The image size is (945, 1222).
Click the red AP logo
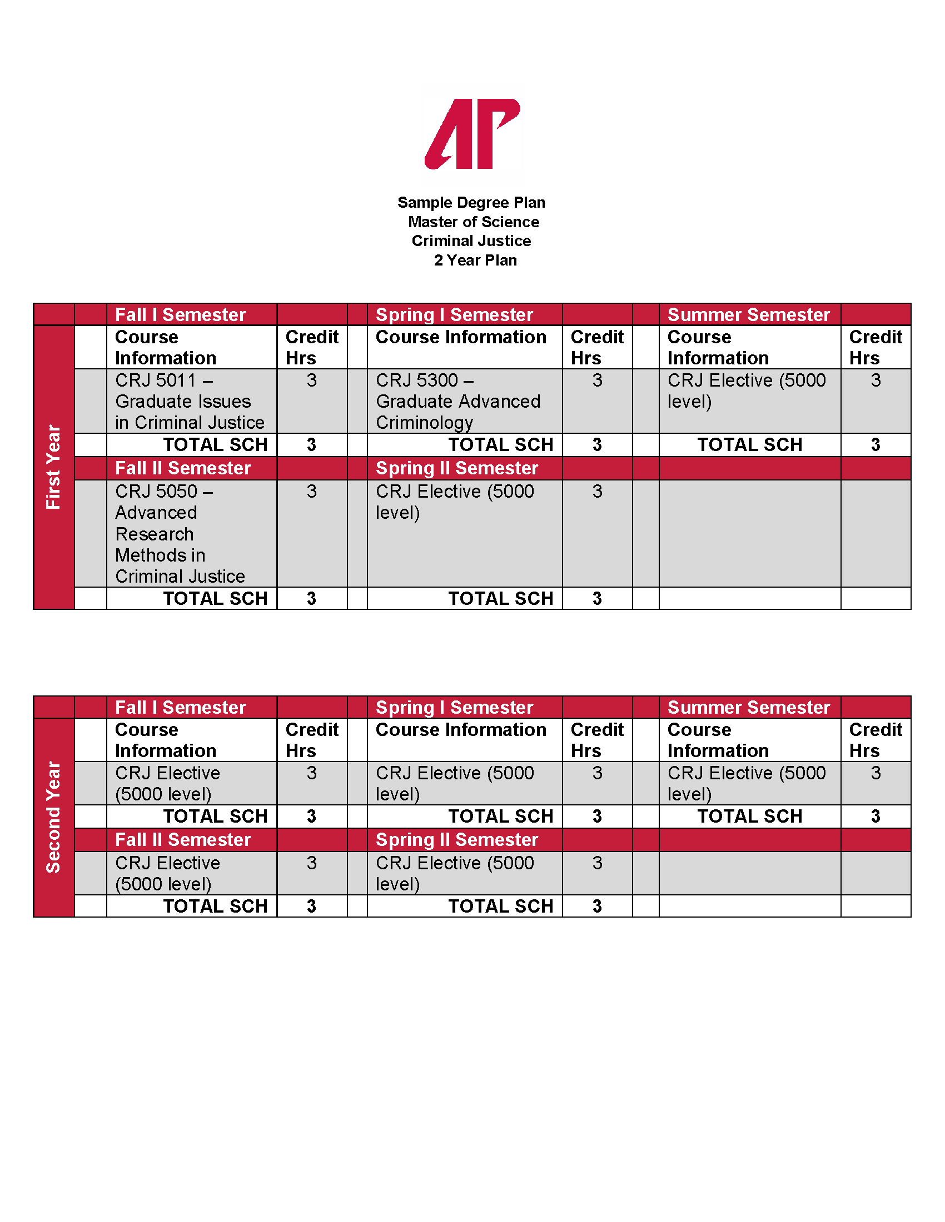point(472,134)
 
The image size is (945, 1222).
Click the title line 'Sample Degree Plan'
point(471,203)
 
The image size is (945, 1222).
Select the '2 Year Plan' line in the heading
point(475,260)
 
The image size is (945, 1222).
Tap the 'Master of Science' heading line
point(473,222)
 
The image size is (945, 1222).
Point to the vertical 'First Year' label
point(53,467)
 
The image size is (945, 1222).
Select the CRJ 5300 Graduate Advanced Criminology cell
point(458,401)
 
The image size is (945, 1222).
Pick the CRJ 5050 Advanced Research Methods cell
point(180,534)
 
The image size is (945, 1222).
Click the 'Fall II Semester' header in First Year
point(182,468)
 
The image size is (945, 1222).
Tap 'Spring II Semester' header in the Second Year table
point(456,840)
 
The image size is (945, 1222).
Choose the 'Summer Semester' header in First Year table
point(749,315)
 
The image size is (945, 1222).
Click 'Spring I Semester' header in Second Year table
point(454,708)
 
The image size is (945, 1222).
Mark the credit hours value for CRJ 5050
point(312,492)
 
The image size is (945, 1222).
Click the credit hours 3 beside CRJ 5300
point(597,381)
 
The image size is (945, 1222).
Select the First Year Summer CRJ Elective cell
point(745,390)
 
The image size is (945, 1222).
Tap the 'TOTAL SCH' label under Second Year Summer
point(749,817)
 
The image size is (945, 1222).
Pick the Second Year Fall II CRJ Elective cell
point(167,873)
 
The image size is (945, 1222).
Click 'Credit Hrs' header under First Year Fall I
point(312,348)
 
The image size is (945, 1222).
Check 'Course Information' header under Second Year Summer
point(718,740)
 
